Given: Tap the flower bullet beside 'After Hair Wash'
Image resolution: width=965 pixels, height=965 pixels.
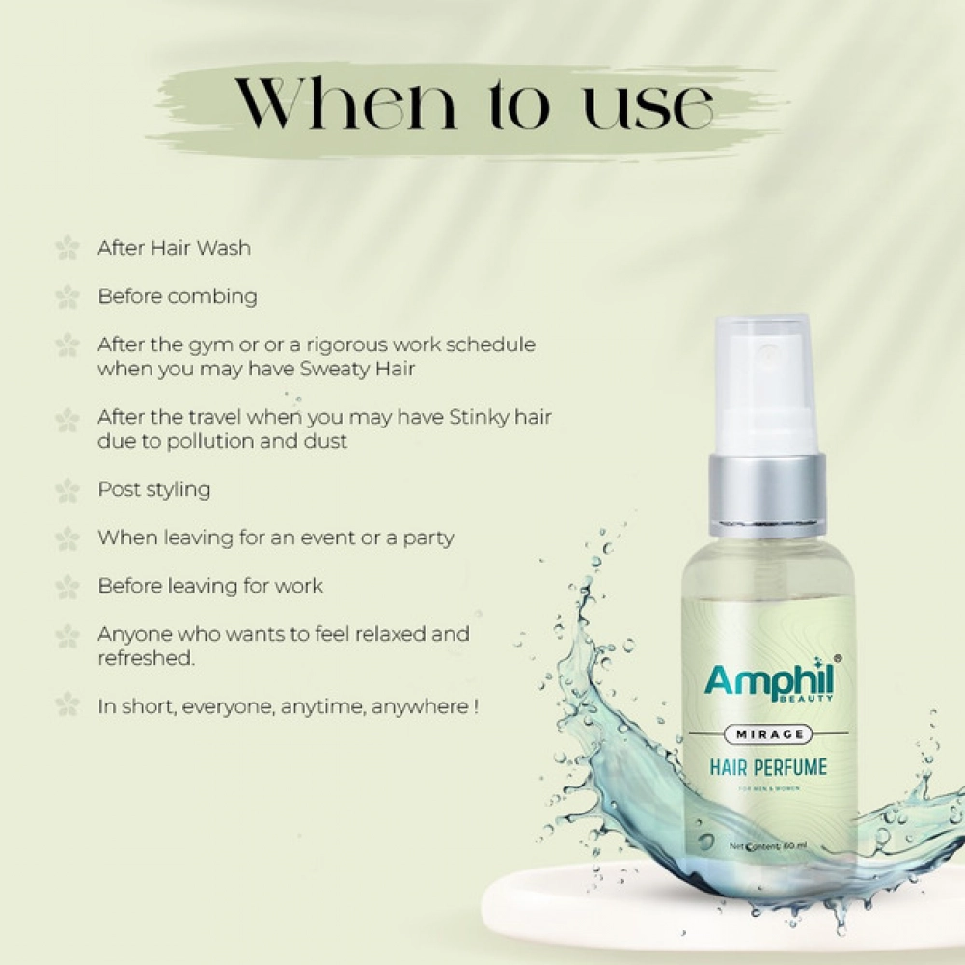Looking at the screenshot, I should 67,248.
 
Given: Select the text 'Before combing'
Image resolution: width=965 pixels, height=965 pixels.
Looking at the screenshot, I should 178,296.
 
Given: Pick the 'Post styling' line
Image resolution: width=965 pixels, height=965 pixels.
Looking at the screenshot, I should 154,489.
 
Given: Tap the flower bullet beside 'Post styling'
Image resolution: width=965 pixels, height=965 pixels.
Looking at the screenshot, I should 67,490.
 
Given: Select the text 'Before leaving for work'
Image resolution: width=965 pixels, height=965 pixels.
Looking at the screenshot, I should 210,586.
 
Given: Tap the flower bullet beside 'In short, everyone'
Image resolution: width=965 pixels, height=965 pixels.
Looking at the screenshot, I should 67,705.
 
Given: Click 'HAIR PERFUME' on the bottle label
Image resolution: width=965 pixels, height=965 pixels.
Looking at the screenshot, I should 768,769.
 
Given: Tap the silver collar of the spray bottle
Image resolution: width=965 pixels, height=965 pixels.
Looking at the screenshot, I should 768,493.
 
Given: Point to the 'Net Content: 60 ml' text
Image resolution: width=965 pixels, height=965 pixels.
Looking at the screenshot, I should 769,846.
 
